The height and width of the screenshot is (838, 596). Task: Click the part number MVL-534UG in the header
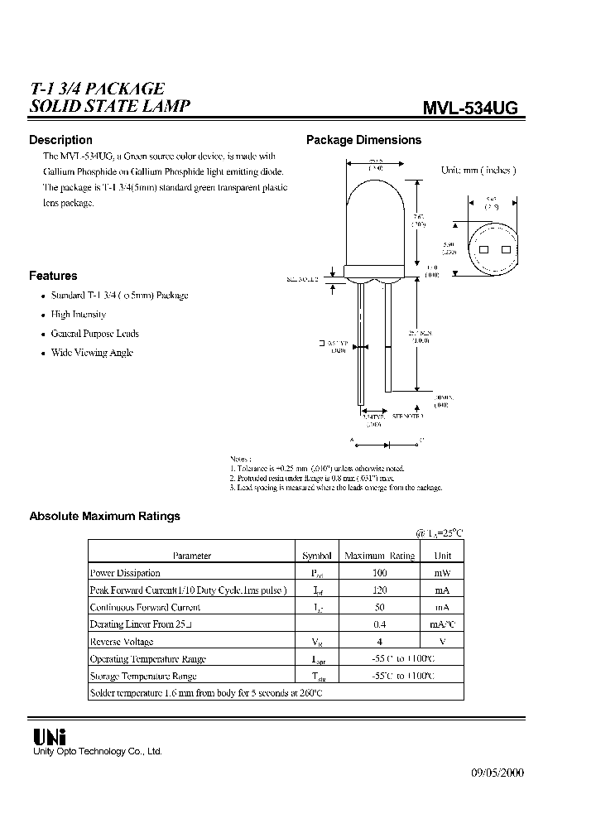(x=471, y=108)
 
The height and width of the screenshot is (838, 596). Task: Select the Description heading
(x=60, y=140)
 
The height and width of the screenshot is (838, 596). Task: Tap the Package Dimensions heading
(x=363, y=140)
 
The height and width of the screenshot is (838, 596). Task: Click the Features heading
(x=53, y=276)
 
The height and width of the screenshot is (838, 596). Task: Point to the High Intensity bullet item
(x=79, y=315)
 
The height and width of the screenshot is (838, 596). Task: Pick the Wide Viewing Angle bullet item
(x=92, y=353)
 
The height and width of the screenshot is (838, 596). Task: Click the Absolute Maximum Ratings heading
(x=104, y=516)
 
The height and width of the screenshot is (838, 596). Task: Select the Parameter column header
(x=191, y=556)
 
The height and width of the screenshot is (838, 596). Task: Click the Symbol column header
(x=316, y=556)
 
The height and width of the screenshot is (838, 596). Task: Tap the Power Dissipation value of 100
(x=379, y=573)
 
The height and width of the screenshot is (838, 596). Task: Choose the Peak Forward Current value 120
(x=379, y=590)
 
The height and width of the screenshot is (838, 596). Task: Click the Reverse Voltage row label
(x=122, y=642)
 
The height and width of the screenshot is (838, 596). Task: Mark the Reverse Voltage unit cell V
(x=442, y=642)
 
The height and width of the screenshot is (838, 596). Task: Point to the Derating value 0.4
(x=379, y=624)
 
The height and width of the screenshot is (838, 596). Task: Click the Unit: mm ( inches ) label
(x=478, y=170)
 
